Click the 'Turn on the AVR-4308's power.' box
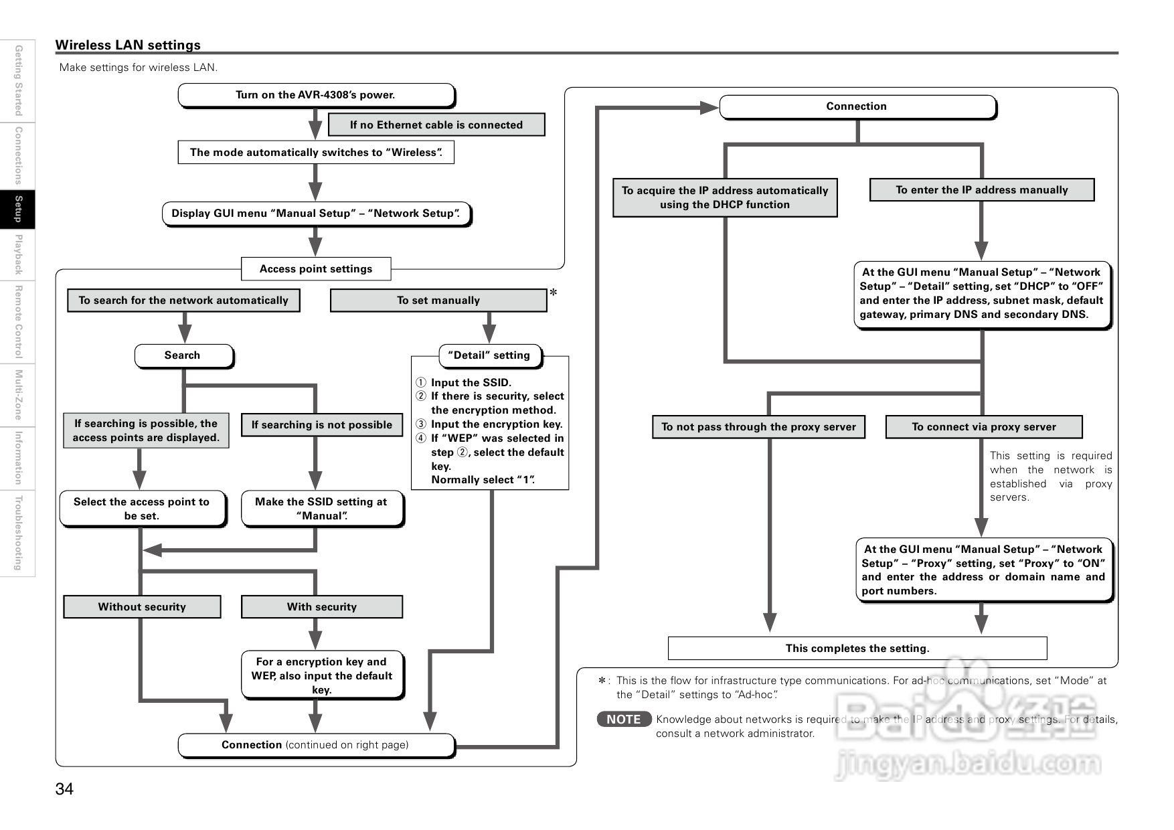(315, 95)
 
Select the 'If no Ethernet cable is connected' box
(436, 125)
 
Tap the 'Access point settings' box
(315, 269)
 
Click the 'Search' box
(183, 355)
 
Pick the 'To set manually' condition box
(438, 301)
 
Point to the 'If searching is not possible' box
(321, 425)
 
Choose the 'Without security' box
(142, 607)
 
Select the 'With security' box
(321, 607)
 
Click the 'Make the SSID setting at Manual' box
(321, 509)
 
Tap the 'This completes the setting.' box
(857, 649)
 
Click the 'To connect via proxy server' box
(983, 427)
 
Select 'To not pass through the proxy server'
(758, 427)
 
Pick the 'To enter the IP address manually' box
(981, 190)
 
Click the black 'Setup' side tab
(18, 210)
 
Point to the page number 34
(64, 789)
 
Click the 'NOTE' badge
(623, 720)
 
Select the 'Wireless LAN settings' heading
(128, 45)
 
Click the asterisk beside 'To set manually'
(554, 293)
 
